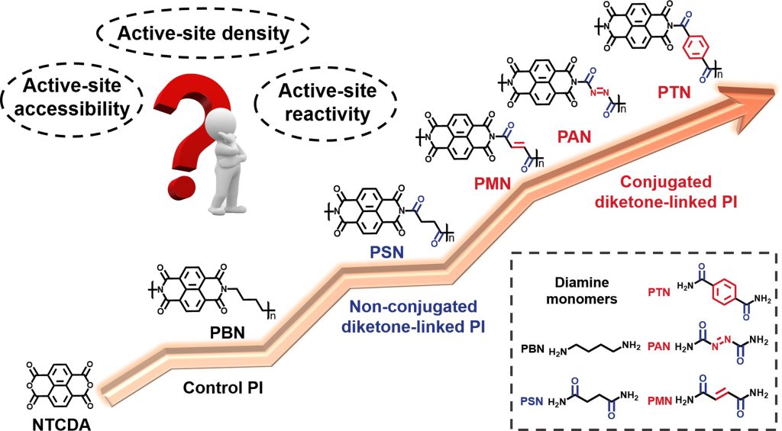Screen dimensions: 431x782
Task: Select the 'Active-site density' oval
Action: tap(202, 34)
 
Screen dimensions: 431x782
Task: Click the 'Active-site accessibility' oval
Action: tap(74, 97)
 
